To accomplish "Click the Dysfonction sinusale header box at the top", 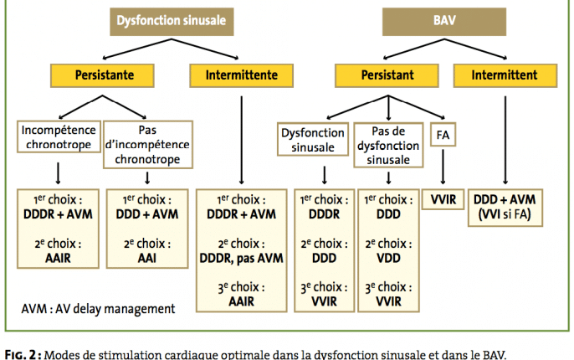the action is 172,22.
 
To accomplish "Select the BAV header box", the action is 444,22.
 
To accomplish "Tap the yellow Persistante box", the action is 102,75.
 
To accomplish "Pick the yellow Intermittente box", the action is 241,75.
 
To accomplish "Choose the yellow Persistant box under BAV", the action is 387,75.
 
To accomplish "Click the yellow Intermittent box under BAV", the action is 505,75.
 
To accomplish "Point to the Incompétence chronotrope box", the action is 59,136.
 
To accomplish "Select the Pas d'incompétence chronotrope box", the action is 148,145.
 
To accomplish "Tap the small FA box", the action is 443,135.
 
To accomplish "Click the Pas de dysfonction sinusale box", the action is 388,145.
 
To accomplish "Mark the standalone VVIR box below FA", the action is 443,199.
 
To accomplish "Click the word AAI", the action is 147,258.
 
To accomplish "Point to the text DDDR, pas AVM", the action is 241,258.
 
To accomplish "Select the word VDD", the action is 388,258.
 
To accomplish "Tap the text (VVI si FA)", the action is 505,213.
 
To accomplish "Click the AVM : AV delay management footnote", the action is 98,309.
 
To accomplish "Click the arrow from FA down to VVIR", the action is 443,167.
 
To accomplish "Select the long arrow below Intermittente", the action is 241,141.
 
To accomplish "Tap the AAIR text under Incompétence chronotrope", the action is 58,258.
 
